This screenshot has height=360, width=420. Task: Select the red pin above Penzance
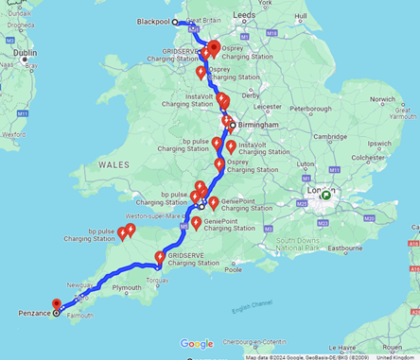[x=57, y=304]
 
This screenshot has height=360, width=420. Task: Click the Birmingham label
[x=259, y=125]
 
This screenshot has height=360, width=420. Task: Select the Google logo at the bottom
[x=197, y=344]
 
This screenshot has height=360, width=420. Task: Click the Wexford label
[x=12, y=134]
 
